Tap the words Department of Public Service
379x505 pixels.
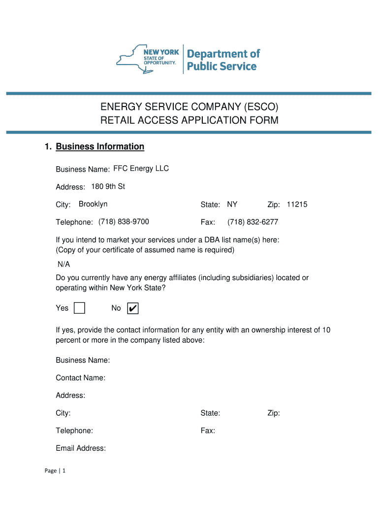pyautogui.click(x=223, y=60)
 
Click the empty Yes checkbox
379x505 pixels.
pyautogui.click(x=79, y=308)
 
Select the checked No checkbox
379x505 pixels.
pyautogui.click(x=132, y=308)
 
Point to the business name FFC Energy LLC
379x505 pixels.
pyautogui.click(x=141, y=169)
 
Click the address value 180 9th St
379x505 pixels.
pyautogui.click(x=108, y=186)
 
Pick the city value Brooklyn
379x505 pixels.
pyautogui.click(x=93, y=204)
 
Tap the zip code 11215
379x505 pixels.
pyautogui.click(x=297, y=204)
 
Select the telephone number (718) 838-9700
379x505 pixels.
pyautogui.click(x=124, y=222)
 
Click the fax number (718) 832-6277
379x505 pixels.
pyautogui.click(x=253, y=222)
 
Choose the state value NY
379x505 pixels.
pyautogui.click(x=232, y=204)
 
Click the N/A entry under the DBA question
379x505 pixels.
pyautogui.click(x=63, y=264)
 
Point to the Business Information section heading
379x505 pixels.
pyautogui.click(x=100, y=146)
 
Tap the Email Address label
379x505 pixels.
pyautogui.click(x=81, y=448)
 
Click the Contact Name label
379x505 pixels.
pyautogui.click(x=80, y=378)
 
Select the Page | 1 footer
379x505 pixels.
pyautogui.click(x=55, y=471)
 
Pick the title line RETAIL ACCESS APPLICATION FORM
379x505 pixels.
pyautogui.click(x=189, y=120)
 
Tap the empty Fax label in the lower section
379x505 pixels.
pyautogui.click(x=208, y=431)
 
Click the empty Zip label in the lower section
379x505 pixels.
pyautogui.click(x=274, y=413)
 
